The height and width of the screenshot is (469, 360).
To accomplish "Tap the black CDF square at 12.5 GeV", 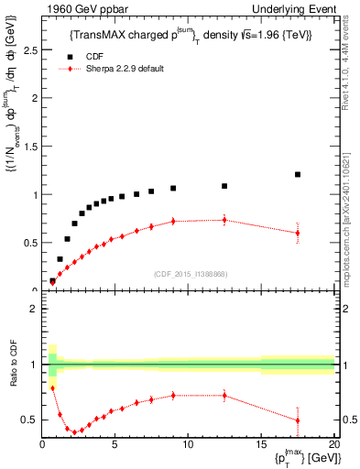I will pyautogui.click(x=224, y=186).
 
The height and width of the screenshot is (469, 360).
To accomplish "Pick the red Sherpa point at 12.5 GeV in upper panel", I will pyautogui.click(x=224, y=220).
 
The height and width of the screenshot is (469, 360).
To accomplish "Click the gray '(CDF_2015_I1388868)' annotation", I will pyautogui.click(x=189, y=274).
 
